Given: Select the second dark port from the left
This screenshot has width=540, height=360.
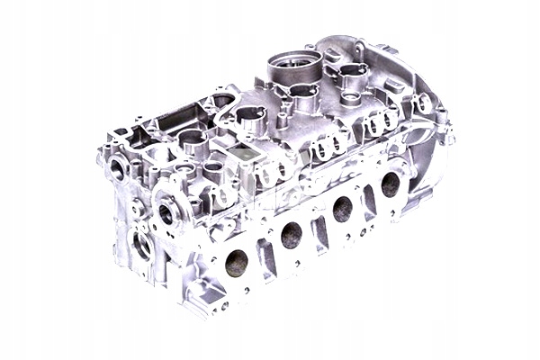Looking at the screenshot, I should coord(291,236).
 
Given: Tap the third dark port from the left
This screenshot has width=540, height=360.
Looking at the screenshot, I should coord(343,209).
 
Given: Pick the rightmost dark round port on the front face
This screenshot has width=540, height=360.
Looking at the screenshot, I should coord(390,184).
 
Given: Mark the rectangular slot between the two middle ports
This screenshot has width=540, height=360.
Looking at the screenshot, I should coord(319,230).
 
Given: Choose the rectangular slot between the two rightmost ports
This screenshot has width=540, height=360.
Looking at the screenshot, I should coord(368,204).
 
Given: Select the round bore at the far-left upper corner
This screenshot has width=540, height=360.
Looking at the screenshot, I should coord(115,169).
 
